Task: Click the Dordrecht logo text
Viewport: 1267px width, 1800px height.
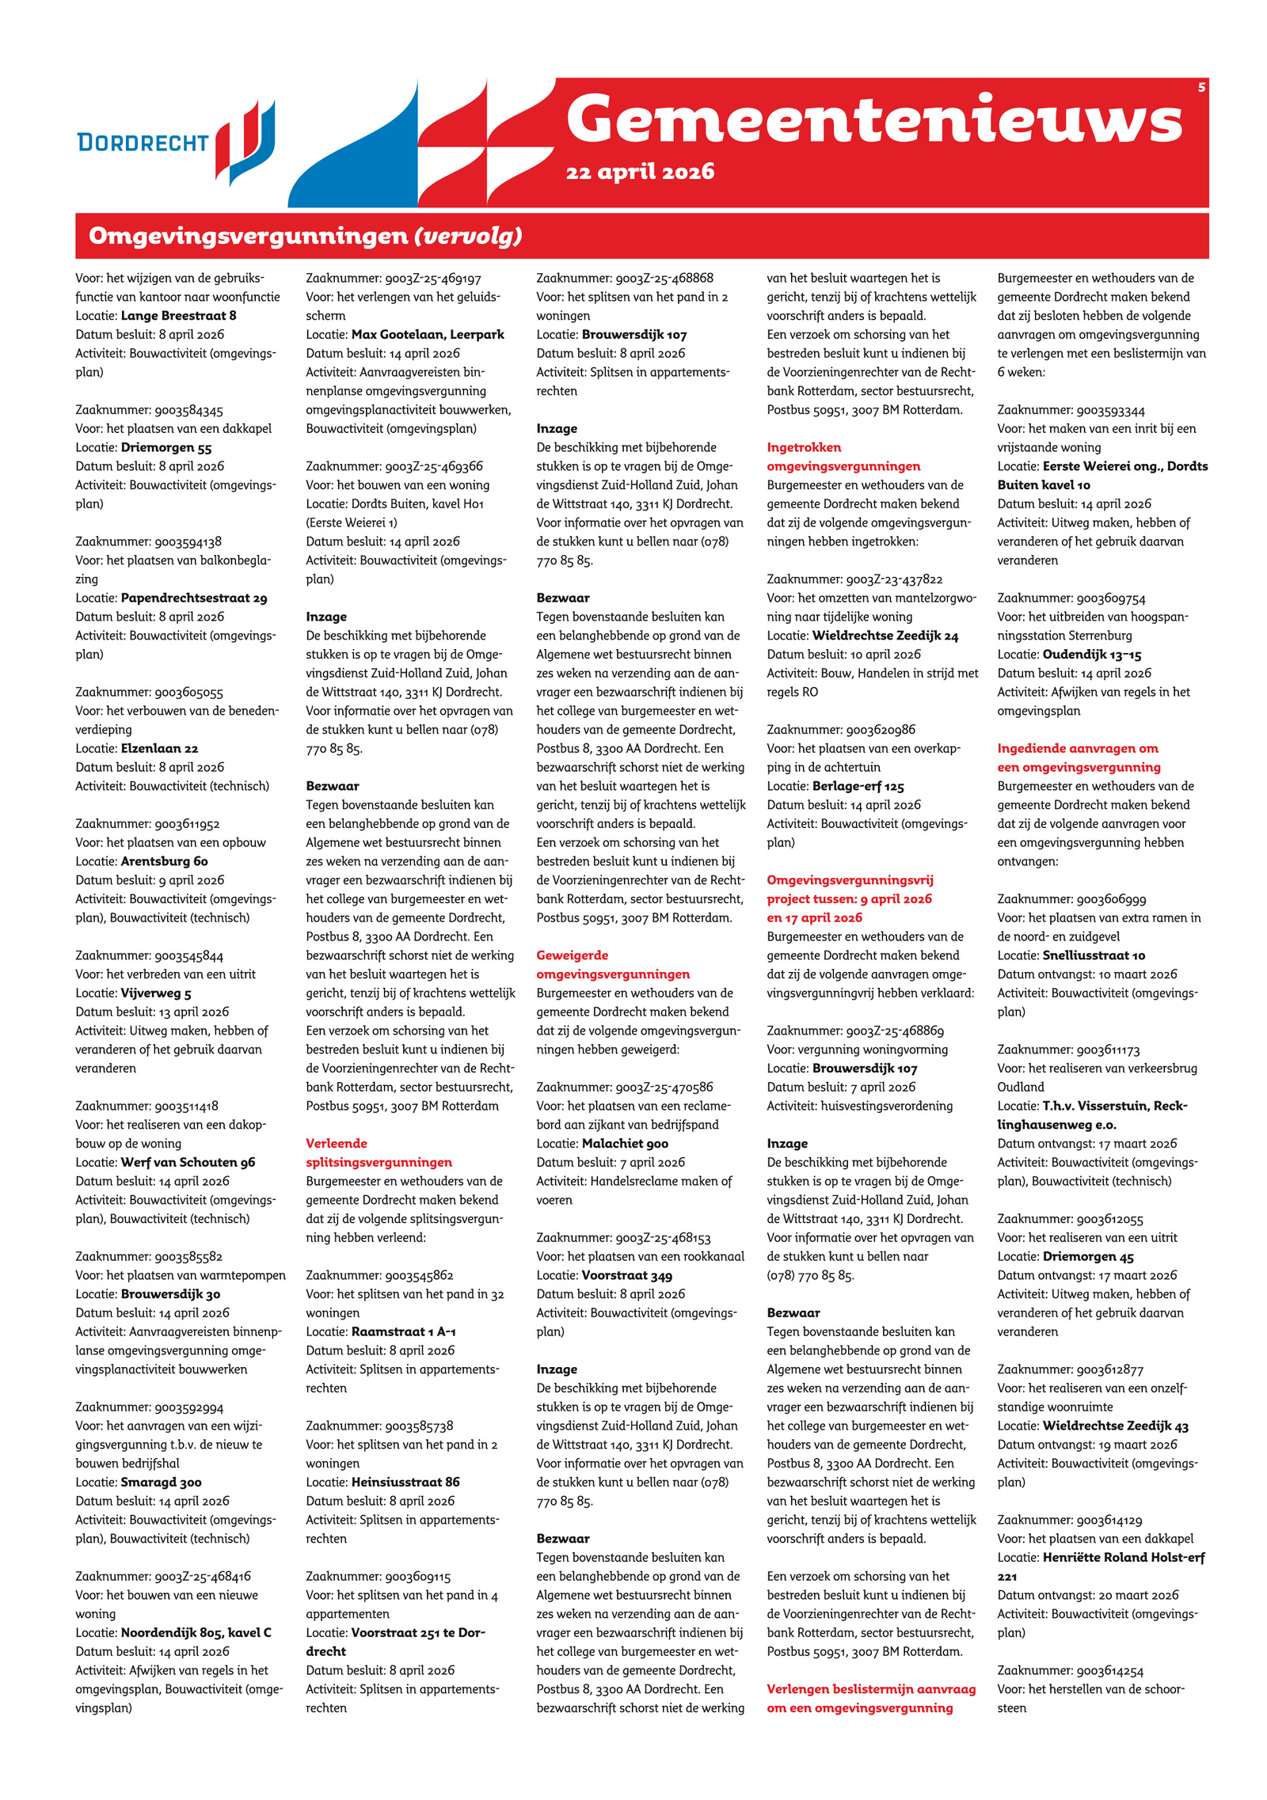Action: click(143, 142)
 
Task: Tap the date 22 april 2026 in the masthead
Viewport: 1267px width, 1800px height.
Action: click(640, 172)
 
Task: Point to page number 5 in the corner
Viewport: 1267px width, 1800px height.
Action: click(1201, 87)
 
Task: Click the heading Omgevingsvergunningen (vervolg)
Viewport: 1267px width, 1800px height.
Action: click(306, 236)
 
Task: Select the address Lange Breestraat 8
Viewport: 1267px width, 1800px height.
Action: click(178, 316)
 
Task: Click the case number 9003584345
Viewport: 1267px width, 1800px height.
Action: click(188, 410)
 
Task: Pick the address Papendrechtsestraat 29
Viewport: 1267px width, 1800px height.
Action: click(194, 598)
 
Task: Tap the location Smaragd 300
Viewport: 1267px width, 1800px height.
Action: click(162, 1483)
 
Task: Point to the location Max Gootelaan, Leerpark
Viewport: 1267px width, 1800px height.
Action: click(428, 335)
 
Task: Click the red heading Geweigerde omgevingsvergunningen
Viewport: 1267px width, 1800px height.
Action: click(613, 965)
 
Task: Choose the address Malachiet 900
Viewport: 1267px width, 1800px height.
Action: click(625, 1144)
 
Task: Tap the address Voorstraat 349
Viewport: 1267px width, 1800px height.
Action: click(627, 1276)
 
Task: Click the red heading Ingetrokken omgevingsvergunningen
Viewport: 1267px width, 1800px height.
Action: click(843, 457)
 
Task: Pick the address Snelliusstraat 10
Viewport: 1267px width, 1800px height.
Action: click(1094, 955)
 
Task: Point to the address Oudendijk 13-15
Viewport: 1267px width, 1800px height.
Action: click(1091, 655)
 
